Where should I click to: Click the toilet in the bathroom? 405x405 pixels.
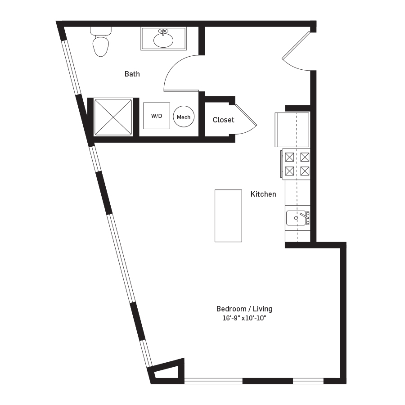pos(100,45)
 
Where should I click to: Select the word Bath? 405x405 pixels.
pos(132,74)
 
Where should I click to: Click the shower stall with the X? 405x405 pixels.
pos(113,116)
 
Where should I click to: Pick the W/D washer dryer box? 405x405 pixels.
pos(157,116)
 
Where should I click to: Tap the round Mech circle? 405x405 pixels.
pos(184,117)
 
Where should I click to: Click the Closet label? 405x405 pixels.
pos(223,120)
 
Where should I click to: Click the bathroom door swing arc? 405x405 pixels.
pos(178,72)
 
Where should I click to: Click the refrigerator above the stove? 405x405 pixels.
pos(292,130)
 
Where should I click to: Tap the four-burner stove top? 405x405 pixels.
pos(297,164)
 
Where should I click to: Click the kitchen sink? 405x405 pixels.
pos(296,218)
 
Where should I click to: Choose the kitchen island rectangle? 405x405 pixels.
pos(228,216)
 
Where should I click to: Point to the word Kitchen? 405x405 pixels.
pos(263,194)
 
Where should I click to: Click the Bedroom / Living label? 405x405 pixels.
pos(244,309)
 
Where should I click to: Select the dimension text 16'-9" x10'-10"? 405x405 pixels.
pos(244,318)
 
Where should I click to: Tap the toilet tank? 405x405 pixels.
pos(100,31)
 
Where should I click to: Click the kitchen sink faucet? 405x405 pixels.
pos(305,217)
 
